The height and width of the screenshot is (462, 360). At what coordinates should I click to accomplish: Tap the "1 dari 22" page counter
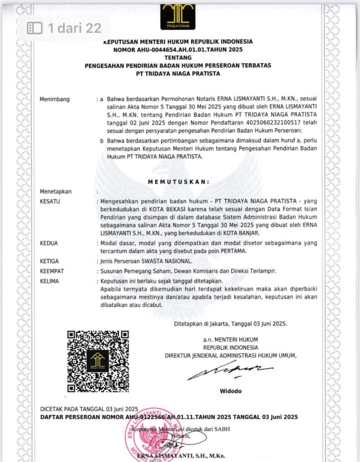(x=65, y=28)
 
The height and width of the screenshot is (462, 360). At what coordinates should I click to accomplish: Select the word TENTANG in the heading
(x=178, y=58)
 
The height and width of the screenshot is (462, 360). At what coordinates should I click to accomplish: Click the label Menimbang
(x=55, y=99)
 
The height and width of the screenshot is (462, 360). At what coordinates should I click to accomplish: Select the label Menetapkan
(x=55, y=191)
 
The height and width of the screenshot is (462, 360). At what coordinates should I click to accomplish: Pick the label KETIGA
(x=50, y=261)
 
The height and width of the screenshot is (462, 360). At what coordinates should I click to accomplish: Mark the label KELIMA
(x=50, y=280)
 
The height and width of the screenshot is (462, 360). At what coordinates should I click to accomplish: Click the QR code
(x=98, y=361)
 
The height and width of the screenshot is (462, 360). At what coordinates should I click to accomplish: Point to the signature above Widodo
(x=229, y=371)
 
